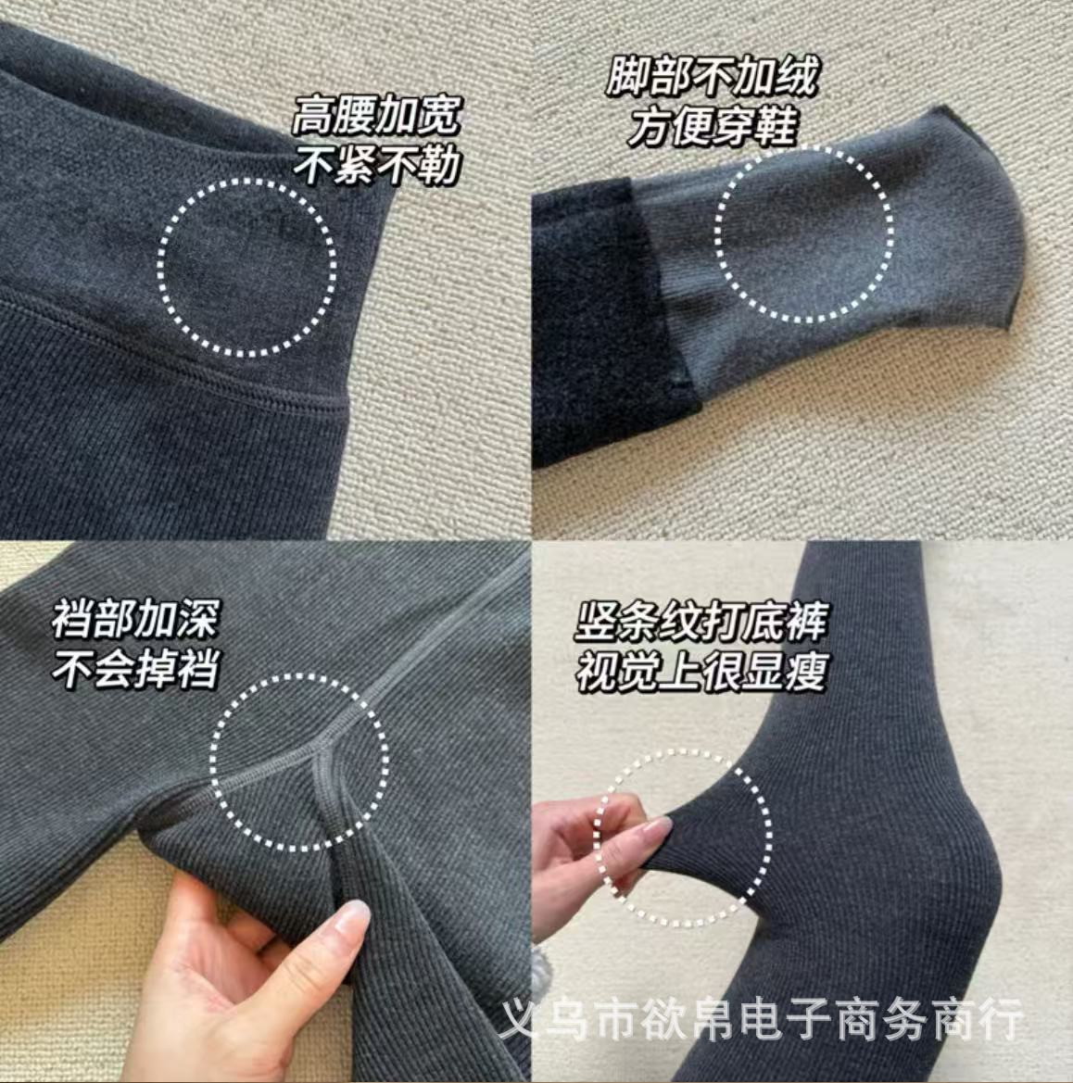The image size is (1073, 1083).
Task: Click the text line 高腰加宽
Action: tap(375, 118)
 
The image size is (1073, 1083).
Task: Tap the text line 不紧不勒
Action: tap(376, 166)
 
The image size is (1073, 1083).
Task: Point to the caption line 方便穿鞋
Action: tap(712, 126)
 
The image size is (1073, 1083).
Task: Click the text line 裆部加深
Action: tap(135, 619)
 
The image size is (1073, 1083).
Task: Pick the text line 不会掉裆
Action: tap(135, 669)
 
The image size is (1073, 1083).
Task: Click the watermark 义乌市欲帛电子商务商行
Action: tap(762, 1020)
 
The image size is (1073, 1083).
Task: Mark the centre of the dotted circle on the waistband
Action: tap(247, 266)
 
